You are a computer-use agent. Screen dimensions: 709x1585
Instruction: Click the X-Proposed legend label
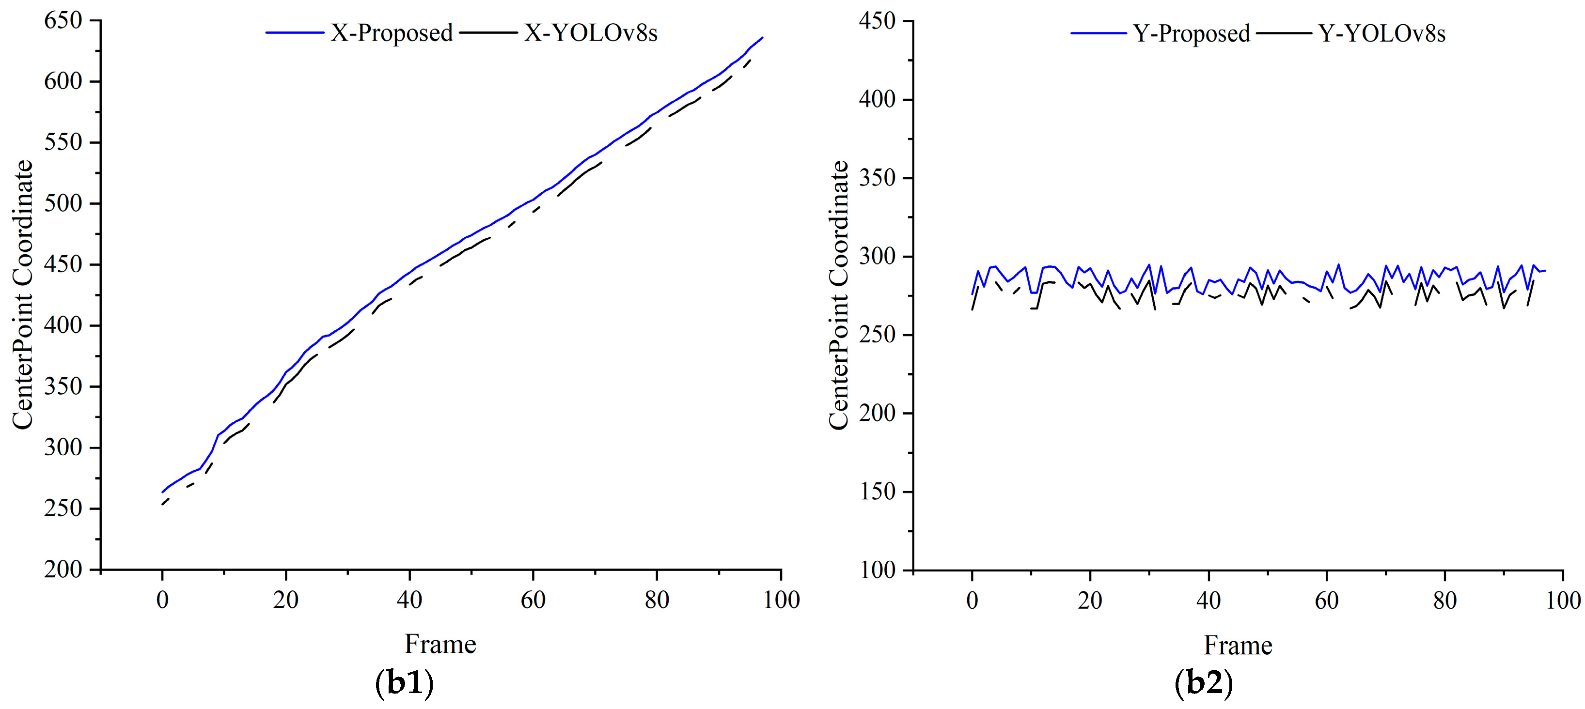392,33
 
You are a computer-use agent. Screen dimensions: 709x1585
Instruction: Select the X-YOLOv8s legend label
591,33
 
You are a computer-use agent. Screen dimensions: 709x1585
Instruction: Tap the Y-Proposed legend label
1191,34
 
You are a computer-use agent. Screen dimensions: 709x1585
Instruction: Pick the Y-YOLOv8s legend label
1381,34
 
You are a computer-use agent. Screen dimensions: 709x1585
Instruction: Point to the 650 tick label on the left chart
63,21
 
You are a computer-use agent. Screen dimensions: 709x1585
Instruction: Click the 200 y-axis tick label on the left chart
63,570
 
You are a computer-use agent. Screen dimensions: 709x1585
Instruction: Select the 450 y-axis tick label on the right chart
877,21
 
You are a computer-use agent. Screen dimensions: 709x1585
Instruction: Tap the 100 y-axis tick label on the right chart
877,570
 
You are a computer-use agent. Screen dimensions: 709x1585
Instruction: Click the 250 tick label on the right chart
877,335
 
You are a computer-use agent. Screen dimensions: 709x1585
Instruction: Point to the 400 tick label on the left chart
63,326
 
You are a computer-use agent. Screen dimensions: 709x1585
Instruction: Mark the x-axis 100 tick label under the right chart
1562,600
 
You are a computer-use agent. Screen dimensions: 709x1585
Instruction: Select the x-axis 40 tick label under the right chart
1208,600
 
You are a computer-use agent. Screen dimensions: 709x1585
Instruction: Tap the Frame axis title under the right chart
1238,646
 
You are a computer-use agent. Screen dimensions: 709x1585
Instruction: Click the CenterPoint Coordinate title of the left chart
23,294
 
